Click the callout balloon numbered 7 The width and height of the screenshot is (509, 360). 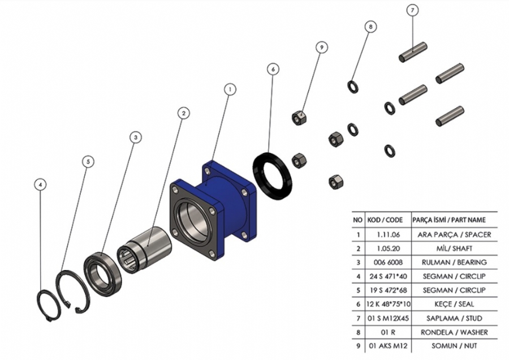coord(412,10)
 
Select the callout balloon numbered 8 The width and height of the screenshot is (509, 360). coord(371,26)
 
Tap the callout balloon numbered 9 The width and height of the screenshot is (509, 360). coord(322,48)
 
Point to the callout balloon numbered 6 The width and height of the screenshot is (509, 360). coord(273,68)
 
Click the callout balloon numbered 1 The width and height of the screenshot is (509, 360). coord(230,89)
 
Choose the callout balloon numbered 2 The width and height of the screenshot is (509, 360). coord(183,113)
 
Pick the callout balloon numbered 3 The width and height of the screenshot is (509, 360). coord(135,137)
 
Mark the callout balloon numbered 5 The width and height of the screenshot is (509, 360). coord(88,161)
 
